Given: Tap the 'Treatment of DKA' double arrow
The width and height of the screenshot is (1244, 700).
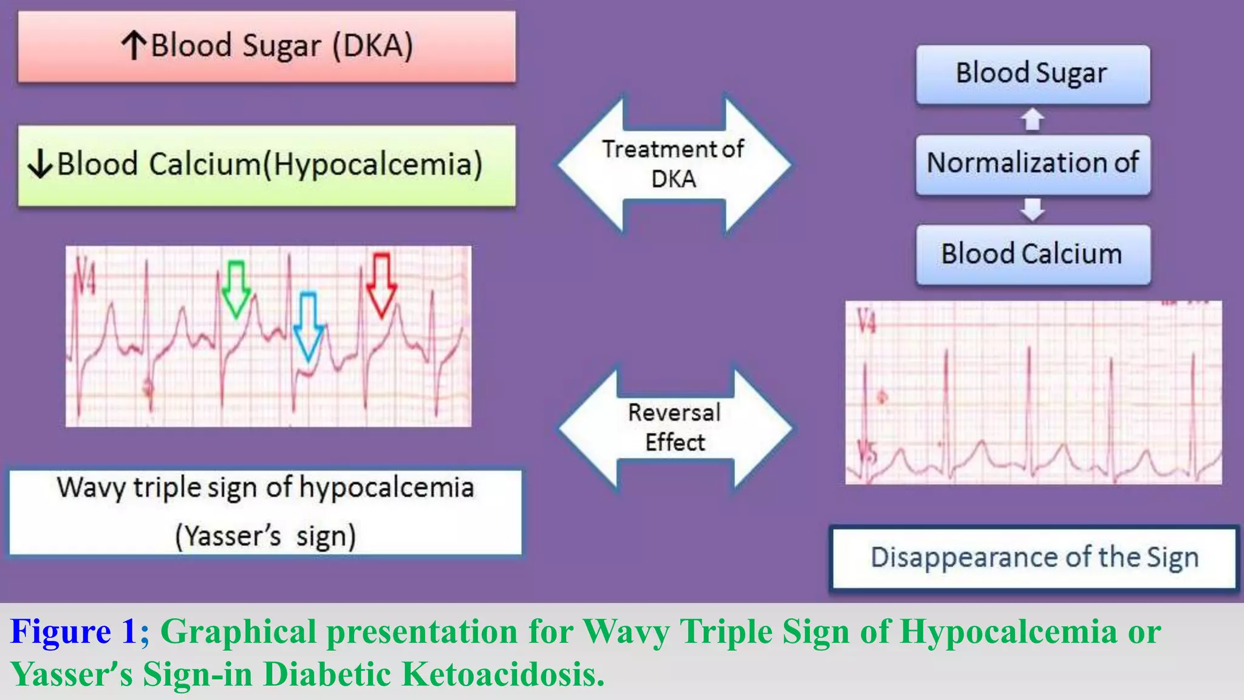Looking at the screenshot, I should click(674, 164).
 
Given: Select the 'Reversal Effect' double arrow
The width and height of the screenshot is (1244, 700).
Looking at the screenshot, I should click(675, 428).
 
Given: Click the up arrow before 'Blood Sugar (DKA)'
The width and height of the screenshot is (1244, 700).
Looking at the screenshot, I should click(133, 46).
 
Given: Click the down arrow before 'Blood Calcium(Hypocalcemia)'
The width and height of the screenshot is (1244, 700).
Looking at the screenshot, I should click(41, 164).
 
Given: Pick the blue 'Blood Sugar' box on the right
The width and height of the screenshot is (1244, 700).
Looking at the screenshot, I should click(1033, 74).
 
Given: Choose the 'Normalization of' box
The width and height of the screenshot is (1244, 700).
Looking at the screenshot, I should click(1033, 163).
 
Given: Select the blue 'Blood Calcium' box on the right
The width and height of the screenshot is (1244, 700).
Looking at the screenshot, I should click(1033, 254).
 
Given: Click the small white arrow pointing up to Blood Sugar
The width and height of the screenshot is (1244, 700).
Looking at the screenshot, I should click(1033, 119).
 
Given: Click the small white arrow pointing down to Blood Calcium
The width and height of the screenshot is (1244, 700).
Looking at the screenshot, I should click(1033, 209).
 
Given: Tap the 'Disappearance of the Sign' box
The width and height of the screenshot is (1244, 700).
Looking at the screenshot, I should click(1034, 558).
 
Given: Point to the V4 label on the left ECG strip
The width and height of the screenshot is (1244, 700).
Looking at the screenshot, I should click(85, 276).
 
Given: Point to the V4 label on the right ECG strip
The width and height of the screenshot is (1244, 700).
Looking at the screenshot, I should click(867, 321).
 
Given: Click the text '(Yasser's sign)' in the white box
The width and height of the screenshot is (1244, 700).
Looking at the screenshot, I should click(265, 536).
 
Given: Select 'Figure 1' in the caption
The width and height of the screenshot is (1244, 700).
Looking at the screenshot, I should click(73, 631).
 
